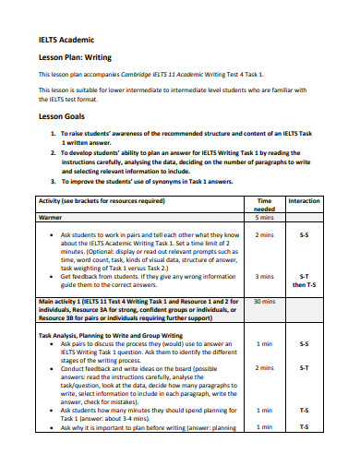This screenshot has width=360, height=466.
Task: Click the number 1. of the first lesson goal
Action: coord(53,135)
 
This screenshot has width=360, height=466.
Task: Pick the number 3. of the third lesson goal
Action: coord(53,183)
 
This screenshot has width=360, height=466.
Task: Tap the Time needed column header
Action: coord(264,205)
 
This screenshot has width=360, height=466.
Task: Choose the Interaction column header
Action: coord(305,201)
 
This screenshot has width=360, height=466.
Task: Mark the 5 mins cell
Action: coord(264,218)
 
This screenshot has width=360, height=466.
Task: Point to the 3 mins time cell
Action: coord(264,276)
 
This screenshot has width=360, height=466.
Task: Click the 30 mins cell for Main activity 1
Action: coord(264,301)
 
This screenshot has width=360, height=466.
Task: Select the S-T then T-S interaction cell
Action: coord(305,280)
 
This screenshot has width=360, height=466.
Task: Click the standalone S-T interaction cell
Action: coord(305,367)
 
